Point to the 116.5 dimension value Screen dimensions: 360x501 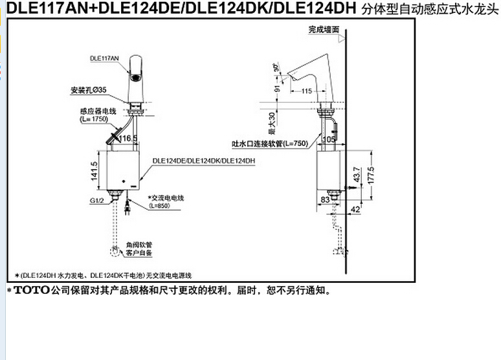[x=128, y=137]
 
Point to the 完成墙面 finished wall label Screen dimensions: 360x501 [x=324, y=30]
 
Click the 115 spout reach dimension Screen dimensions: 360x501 [x=307, y=91]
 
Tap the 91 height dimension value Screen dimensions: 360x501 [x=278, y=89]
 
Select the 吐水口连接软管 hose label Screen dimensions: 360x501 [x=271, y=144]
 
